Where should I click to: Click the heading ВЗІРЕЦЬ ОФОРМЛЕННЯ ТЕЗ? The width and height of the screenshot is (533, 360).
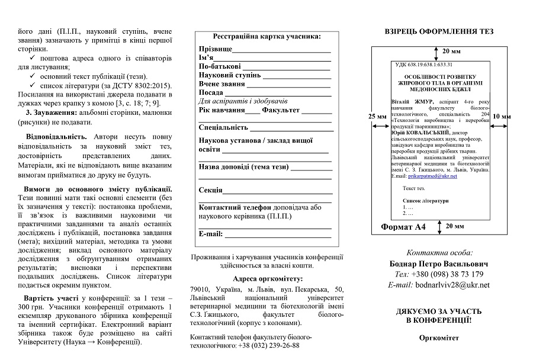coord(439,31)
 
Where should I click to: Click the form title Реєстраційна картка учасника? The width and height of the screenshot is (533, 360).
coord(267,36)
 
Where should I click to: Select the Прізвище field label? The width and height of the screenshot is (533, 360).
coord(215,49)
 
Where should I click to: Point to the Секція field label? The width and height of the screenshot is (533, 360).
coord(211,190)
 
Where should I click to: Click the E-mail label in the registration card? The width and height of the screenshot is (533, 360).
coord(210,234)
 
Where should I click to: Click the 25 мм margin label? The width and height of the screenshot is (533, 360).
coord(377,116)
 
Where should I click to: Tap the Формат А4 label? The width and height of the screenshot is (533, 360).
coord(403,227)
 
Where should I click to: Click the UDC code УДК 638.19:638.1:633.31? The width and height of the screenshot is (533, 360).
coord(424,65)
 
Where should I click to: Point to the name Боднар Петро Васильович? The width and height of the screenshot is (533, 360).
coord(439,263)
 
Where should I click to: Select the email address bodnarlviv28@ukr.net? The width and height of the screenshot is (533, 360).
coord(456,285)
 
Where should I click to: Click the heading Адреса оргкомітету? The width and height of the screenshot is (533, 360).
coord(266,278)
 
